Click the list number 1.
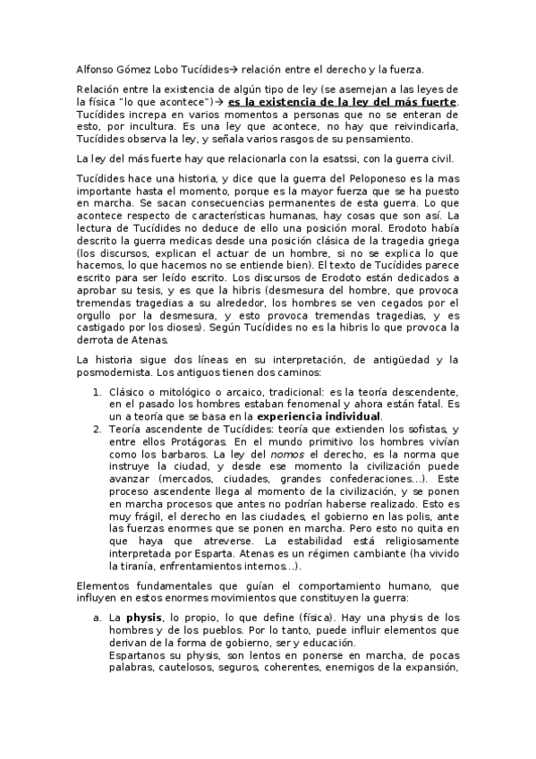[x=98, y=392]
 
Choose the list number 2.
[x=98, y=431]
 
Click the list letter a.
[x=98, y=618]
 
